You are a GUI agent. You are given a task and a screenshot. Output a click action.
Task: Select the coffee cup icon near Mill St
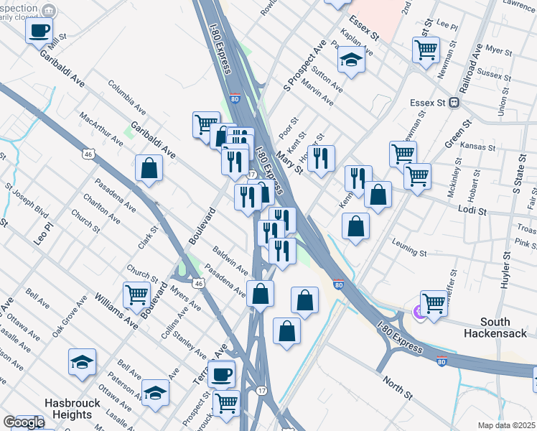39,30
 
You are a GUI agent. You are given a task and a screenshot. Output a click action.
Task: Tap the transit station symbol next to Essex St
454,103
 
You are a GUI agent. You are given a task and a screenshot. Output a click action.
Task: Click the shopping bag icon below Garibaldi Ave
149,168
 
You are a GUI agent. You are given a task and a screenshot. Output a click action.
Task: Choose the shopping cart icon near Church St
136,294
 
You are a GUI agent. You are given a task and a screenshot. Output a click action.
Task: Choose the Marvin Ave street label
318,91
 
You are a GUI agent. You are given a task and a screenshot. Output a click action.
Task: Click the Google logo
24,422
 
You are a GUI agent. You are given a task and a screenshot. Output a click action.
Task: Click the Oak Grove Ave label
69,320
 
